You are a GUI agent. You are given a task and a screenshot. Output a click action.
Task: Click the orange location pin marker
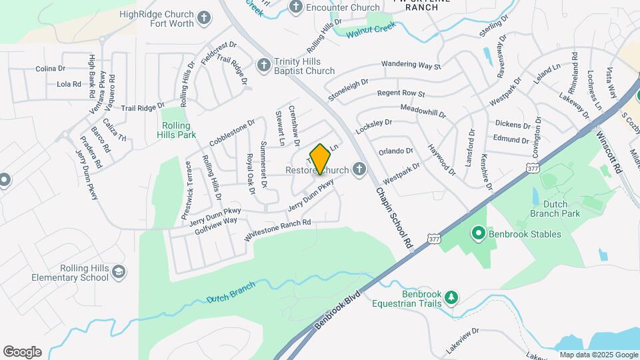(x=321, y=159)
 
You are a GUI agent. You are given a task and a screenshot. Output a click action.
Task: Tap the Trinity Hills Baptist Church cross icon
(x=264, y=66)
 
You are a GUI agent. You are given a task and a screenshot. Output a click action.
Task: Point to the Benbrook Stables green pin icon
(x=478, y=234)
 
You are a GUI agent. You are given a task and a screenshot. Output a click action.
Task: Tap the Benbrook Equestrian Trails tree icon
(x=451, y=296)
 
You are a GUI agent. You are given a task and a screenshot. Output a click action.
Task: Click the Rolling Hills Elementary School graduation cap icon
(x=118, y=272)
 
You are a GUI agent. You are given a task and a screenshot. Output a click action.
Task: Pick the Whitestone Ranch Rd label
(x=278, y=231)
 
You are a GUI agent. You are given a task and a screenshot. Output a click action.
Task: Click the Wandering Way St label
(x=411, y=65)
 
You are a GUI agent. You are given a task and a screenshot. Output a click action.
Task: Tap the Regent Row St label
(x=401, y=94)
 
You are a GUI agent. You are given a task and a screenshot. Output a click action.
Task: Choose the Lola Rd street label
(x=69, y=84)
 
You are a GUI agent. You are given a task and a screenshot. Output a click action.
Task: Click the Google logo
(x=22, y=352)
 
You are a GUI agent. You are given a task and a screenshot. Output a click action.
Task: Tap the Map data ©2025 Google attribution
(x=598, y=355)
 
